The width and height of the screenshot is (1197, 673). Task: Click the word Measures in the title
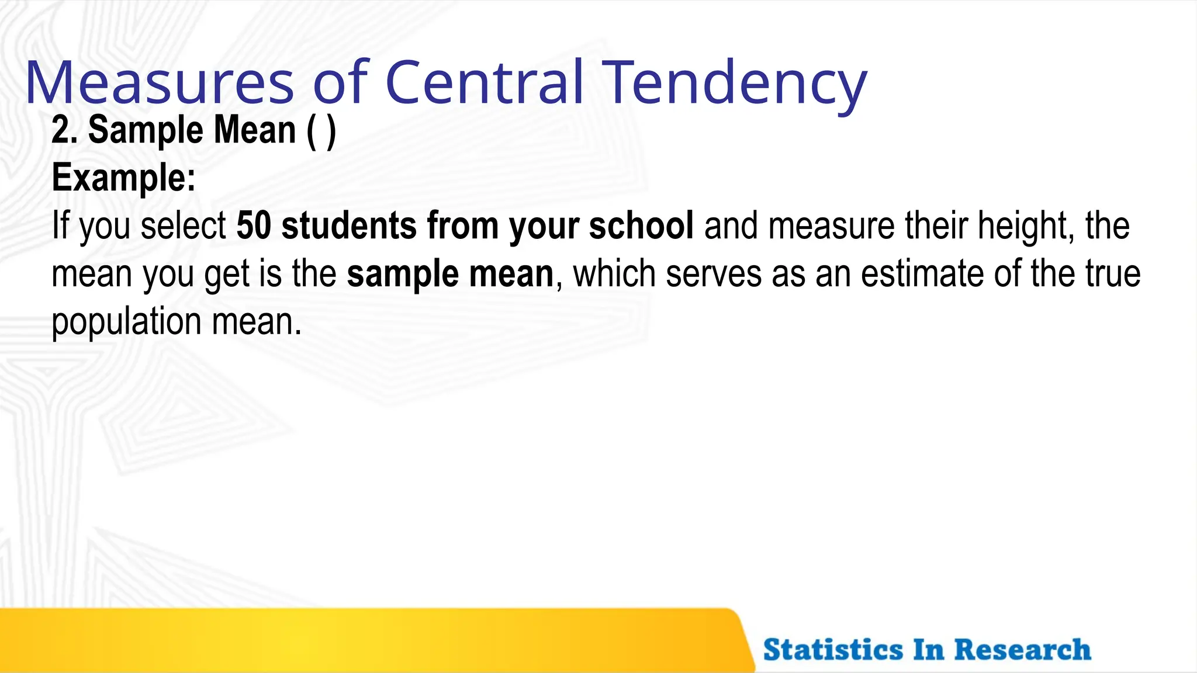[159, 83]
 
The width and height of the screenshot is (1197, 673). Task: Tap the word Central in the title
[485, 83]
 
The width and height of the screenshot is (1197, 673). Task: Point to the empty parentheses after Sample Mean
[321, 131]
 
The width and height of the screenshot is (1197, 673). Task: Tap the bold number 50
[254, 226]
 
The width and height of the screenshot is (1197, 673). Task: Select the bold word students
[349, 226]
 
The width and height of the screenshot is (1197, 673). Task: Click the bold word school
[641, 226]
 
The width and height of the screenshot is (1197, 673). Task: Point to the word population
[126, 322]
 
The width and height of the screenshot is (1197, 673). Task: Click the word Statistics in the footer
[833, 650]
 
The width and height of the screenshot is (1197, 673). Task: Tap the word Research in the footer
[1022, 650]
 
